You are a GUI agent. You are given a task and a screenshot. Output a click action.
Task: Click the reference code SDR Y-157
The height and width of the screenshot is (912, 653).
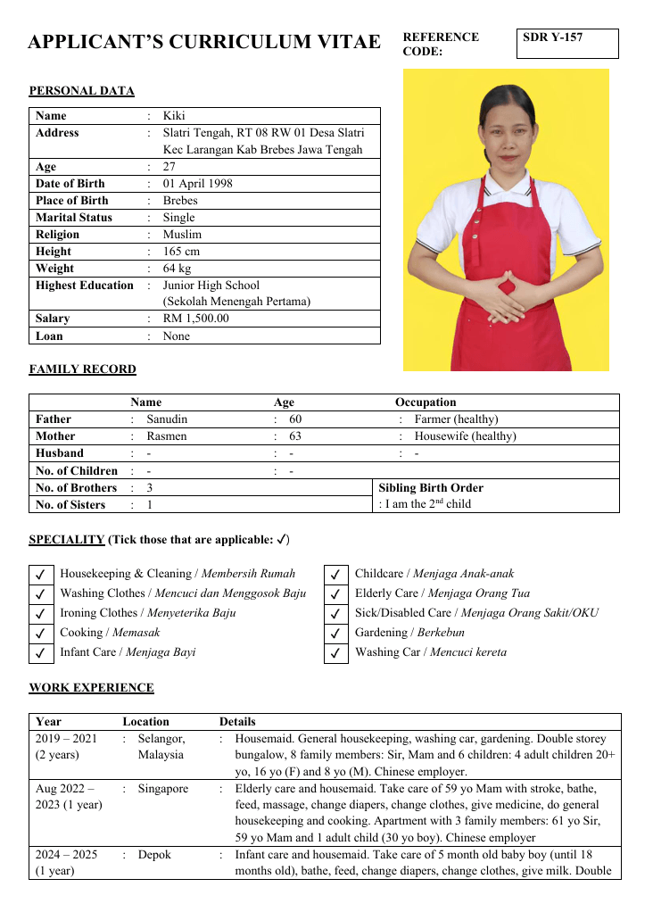coord(552,37)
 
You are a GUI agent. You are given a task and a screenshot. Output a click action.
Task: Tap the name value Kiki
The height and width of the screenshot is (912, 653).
coord(174,116)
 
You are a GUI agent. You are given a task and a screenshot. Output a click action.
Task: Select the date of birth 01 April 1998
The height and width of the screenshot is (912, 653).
coord(197,184)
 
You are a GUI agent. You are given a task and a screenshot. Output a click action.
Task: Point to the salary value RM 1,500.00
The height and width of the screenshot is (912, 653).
coord(195,319)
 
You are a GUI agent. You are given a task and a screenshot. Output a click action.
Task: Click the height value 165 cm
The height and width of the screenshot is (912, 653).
coord(181,252)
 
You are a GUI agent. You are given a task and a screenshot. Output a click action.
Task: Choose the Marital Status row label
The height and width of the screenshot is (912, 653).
coord(74,218)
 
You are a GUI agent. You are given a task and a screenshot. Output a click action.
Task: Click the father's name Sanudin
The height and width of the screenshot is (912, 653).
coord(167,419)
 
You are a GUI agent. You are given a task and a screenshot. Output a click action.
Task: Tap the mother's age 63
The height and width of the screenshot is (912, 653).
coord(295,436)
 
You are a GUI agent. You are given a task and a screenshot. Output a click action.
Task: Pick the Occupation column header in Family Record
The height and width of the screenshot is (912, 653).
coord(426,402)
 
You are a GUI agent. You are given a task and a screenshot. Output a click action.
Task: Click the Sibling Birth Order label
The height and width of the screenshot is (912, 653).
coord(431,488)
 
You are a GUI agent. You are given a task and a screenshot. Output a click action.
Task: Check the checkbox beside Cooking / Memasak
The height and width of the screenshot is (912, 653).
coord(40,634)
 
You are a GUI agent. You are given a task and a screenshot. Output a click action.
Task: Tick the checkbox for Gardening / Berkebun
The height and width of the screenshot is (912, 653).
coord(335,634)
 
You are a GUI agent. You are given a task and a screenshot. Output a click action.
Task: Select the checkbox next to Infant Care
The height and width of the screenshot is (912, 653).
coord(40,653)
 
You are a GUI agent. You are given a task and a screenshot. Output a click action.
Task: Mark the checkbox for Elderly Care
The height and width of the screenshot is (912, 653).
coord(335,594)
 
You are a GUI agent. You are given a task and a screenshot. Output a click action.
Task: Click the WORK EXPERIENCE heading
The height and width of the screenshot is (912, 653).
coord(91,688)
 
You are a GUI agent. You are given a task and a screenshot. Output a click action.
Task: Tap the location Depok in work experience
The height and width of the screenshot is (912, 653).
coord(155,855)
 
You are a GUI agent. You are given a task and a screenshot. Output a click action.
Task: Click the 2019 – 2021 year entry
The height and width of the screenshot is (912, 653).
coord(66,739)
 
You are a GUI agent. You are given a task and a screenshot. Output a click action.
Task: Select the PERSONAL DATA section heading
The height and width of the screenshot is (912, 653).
coord(82,91)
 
